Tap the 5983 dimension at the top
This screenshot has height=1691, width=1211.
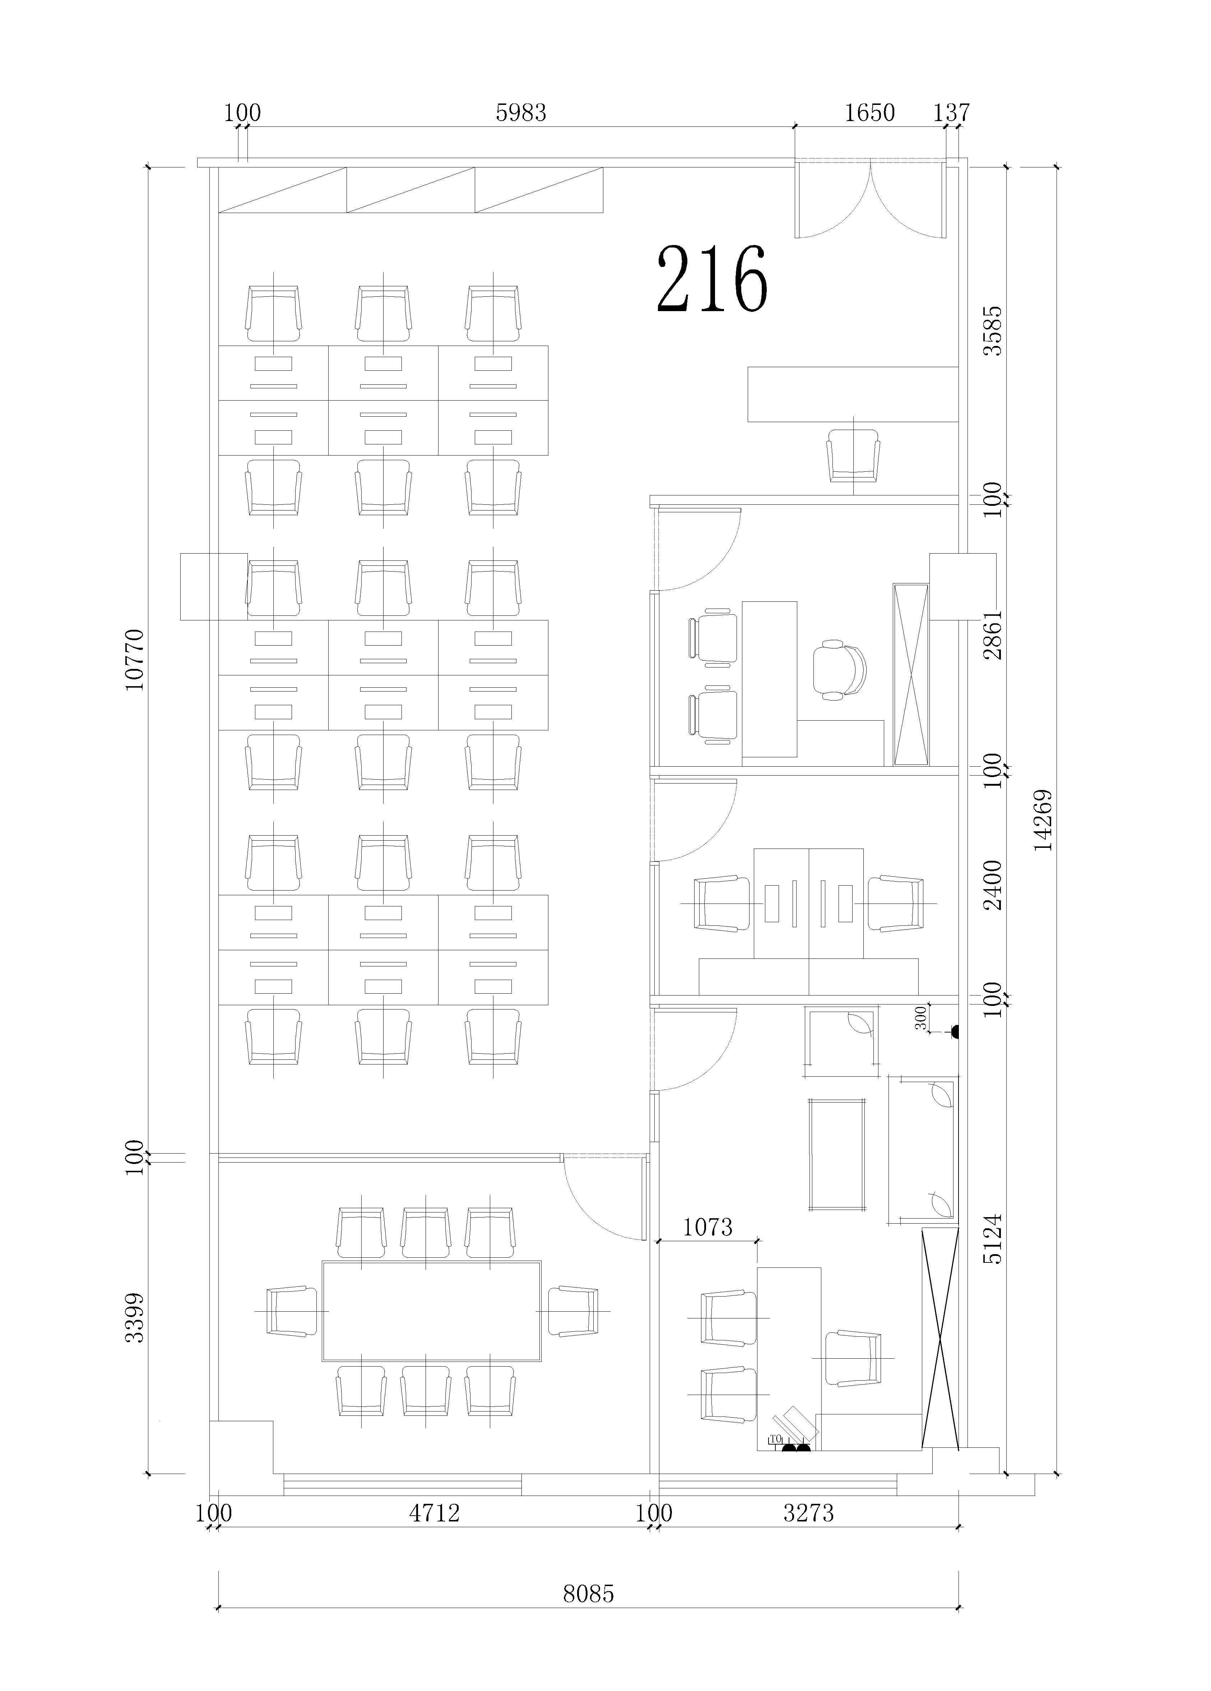[x=521, y=112]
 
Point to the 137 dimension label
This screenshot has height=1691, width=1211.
[x=952, y=112]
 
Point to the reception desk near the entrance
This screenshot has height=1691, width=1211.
[x=853, y=394]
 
